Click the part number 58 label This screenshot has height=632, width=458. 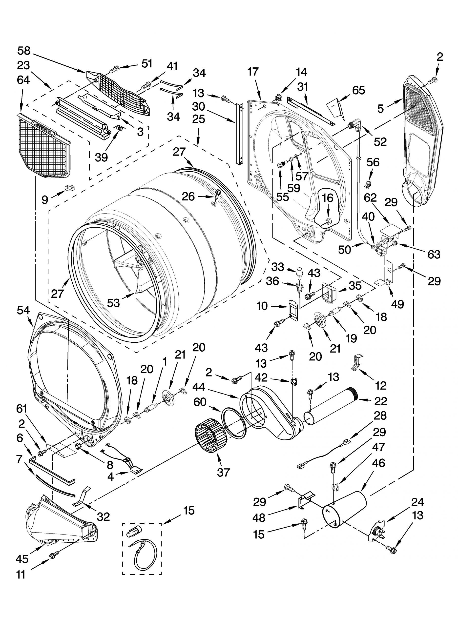point(24,51)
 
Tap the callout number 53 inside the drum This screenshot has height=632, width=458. point(113,303)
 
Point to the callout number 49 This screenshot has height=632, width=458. point(397,304)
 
